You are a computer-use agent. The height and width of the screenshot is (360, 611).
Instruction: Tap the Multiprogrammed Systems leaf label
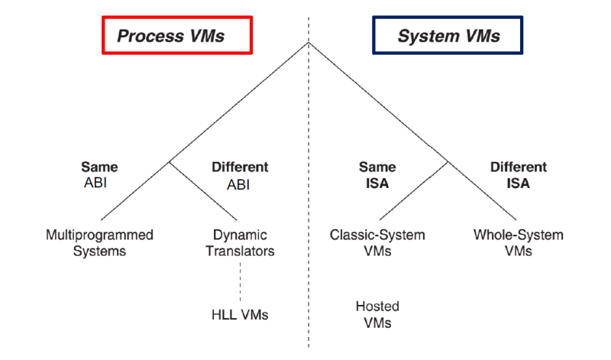[x=99, y=242]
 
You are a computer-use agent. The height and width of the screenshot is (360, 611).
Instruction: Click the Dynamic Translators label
[x=241, y=242]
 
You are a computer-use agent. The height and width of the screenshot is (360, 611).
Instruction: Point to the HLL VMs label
[x=240, y=314]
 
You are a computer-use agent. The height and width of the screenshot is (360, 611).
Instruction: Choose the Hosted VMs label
[x=377, y=314]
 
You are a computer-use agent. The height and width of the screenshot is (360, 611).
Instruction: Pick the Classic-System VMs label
[x=377, y=242]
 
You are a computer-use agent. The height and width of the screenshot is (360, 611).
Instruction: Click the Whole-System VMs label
[x=519, y=242]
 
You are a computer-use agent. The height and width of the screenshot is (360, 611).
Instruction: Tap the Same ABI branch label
[x=99, y=175]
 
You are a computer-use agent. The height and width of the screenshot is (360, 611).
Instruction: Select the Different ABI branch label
[x=240, y=175]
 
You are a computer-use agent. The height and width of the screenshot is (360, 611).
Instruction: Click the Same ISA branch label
[x=377, y=175]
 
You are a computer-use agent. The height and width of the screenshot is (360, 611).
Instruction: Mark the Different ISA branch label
[x=519, y=175]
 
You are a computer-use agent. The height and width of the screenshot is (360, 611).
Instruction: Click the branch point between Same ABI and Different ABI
[x=169, y=162]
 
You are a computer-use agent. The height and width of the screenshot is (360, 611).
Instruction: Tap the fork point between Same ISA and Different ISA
[x=448, y=162]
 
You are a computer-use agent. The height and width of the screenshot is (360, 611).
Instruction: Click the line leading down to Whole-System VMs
[x=481, y=191]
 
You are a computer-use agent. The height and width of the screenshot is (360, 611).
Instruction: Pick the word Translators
[x=241, y=250]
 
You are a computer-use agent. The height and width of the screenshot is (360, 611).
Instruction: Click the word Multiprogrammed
[x=99, y=234]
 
